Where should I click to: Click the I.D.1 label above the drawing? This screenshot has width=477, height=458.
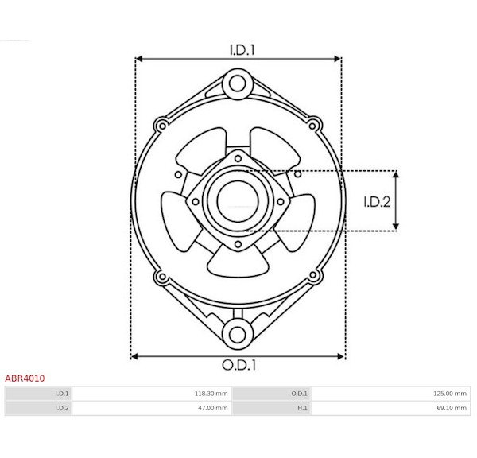click(242, 50)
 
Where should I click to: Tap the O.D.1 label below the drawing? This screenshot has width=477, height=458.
click(238, 365)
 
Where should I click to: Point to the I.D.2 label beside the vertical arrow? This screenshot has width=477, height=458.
click(377, 202)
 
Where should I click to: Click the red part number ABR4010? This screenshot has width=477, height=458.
click(25, 378)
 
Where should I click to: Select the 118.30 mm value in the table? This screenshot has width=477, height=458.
click(211, 394)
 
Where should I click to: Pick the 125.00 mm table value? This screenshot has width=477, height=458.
click(450, 394)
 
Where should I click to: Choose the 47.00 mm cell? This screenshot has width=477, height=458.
click(213, 408)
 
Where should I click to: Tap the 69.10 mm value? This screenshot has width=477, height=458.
click(452, 408)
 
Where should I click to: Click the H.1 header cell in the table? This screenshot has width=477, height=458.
click(302, 408)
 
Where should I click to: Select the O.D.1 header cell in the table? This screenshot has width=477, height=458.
click(300, 394)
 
